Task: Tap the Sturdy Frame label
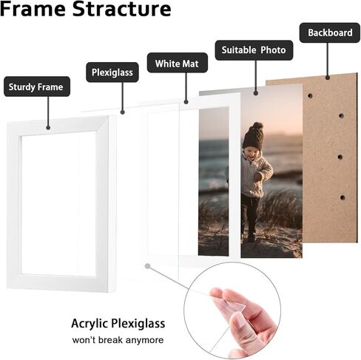[36, 87]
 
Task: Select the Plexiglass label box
[112, 72]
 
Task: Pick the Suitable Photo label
[254, 50]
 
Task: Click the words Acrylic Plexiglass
[118, 323]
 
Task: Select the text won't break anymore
[118, 340]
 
